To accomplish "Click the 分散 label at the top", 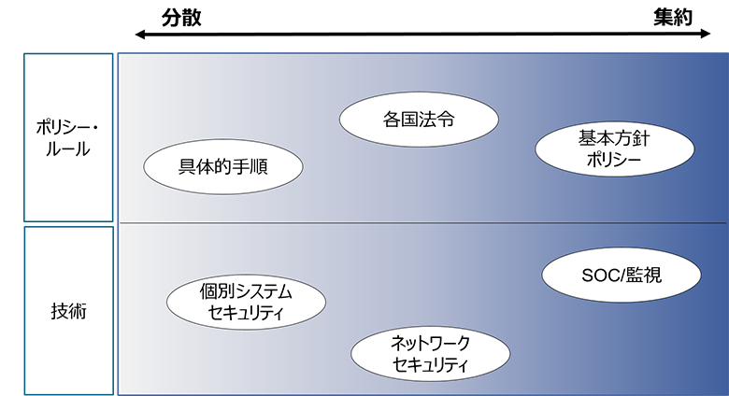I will coord(181,17).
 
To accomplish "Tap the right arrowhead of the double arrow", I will coord(708,35).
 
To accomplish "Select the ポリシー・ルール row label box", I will coord(68,137).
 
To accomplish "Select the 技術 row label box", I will coord(68,310).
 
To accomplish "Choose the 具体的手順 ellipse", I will coord(223,168).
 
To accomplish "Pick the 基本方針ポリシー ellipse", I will coord(614,150).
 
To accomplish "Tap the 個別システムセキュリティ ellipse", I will coord(246,302).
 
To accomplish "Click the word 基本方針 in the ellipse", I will coord(614,139).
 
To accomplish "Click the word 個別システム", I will coord(246,291).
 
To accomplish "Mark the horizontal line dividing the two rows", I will coord(421,222).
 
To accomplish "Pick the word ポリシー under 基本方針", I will coord(614,162).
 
